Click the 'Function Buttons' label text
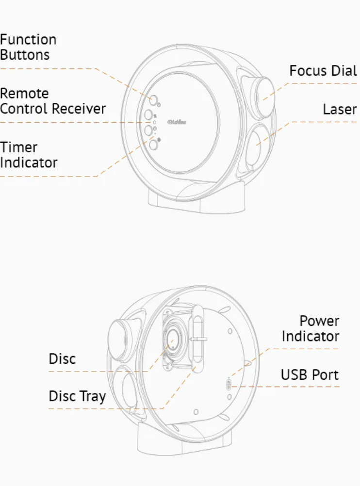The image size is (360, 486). [x=28, y=47]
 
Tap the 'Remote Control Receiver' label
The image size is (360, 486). [x=52, y=101]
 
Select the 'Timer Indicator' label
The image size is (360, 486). [x=28, y=155]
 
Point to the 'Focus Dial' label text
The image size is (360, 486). [x=323, y=71]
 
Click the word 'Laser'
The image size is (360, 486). [x=340, y=110]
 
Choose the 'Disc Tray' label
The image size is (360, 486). [x=77, y=396]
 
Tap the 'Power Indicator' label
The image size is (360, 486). [x=311, y=328]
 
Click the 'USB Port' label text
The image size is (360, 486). [x=310, y=374]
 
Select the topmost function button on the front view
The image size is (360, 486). [x=153, y=99]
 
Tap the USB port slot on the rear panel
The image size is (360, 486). [x=229, y=386]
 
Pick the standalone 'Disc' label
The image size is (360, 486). [x=62, y=359]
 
